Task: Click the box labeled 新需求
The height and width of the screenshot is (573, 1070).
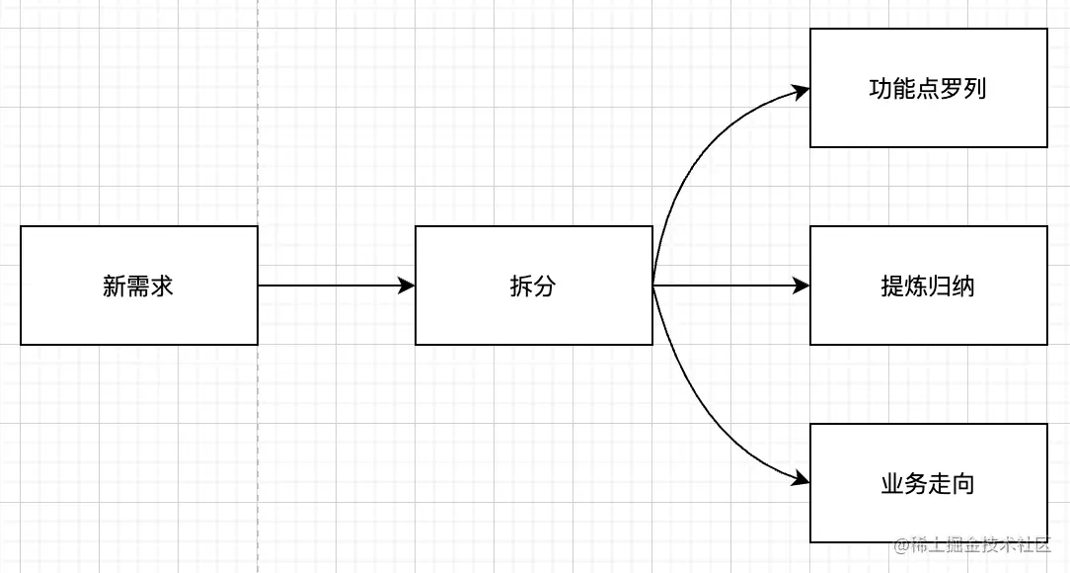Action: [x=138, y=286]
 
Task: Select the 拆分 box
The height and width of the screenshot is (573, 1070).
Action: [x=533, y=286]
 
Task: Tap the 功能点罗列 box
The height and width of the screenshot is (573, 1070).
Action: [x=928, y=88]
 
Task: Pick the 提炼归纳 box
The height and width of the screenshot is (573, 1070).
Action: [x=928, y=286]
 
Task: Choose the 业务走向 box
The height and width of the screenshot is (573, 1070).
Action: [x=928, y=483]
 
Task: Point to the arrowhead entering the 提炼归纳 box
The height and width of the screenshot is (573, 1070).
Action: [x=802, y=286]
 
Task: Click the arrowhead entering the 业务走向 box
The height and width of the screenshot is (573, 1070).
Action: [x=801, y=479]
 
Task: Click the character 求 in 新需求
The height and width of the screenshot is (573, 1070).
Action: [x=163, y=286]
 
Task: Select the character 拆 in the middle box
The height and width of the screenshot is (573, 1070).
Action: [x=520, y=286]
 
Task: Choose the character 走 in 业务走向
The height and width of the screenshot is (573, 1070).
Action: [x=940, y=484]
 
